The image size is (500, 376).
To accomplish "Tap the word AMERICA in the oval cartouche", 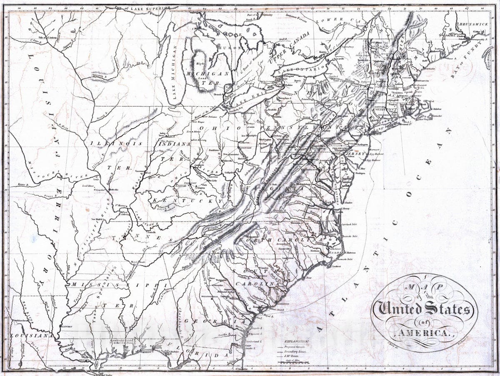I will [x=423, y=333].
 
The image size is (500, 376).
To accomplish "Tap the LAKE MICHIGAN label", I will [x=174, y=75].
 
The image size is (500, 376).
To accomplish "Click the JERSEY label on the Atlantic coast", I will [x=355, y=153].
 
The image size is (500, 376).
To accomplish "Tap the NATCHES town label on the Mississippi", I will [x=66, y=326].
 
